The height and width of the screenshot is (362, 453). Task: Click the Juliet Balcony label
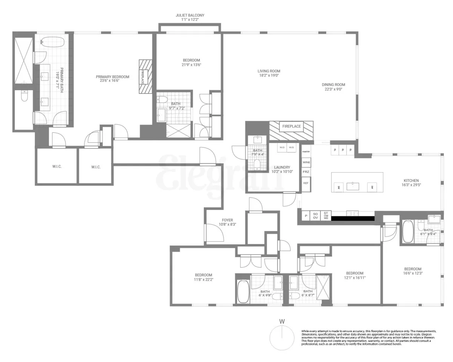190,15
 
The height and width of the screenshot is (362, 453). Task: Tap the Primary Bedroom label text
112,77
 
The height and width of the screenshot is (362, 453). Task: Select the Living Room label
269,71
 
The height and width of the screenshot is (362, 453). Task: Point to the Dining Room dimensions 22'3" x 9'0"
333,89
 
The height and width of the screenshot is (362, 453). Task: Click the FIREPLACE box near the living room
291,126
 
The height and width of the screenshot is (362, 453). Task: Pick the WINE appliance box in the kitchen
306,162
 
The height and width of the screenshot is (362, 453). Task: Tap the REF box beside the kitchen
306,183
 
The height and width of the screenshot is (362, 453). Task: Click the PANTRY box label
306,151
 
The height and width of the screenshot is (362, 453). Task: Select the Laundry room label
282,167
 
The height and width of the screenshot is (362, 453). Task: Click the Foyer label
227,220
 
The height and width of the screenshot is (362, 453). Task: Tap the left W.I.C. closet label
57,167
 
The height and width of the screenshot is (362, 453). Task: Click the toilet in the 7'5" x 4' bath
257,164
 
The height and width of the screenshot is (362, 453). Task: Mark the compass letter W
282,321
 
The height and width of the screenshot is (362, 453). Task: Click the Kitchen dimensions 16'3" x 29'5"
411,185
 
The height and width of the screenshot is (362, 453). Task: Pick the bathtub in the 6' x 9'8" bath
243,291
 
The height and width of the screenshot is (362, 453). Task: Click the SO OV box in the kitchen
316,216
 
